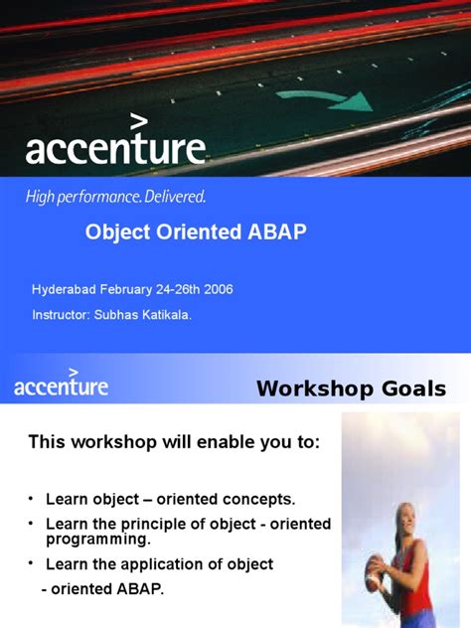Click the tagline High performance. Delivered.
(115, 197)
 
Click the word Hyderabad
(66, 289)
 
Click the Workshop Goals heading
(351, 389)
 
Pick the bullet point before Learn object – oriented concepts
(32, 497)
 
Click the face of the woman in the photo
(407, 517)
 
